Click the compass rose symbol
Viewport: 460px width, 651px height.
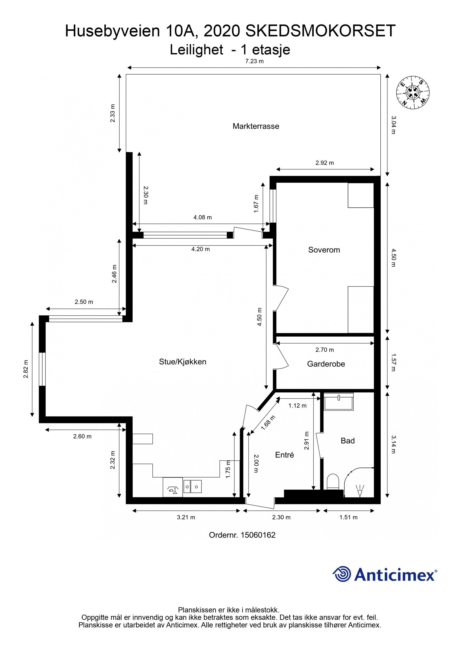click(413, 93)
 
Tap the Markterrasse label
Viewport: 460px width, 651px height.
click(256, 126)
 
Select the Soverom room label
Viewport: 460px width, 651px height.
click(324, 250)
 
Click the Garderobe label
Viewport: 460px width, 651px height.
click(326, 364)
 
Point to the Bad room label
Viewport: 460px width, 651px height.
click(347, 440)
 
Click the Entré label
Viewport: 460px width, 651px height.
click(284, 455)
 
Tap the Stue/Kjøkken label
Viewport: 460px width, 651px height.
click(183, 362)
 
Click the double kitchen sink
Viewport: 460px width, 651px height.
click(192, 486)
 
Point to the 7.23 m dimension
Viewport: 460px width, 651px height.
click(254, 61)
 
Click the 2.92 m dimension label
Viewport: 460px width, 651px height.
click(324, 163)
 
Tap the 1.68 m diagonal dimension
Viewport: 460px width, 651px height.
click(268, 423)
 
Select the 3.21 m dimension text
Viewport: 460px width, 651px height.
click(186, 517)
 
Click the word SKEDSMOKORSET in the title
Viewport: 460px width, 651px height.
click(320, 31)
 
